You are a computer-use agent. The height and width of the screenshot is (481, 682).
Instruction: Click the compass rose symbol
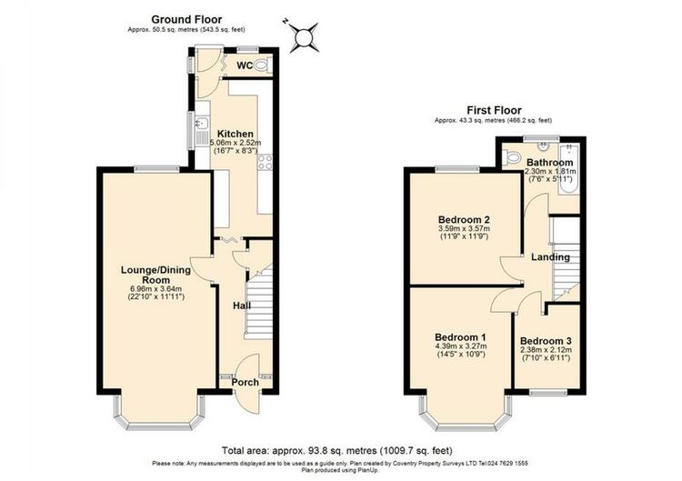pyautogui.click(x=304, y=37)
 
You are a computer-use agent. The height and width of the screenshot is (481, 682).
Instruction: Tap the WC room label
pyautogui.click(x=245, y=66)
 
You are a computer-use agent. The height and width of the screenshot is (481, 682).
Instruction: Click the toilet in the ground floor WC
pyautogui.click(x=260, y=65)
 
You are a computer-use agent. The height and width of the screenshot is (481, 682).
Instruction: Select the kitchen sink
pyautogui.click(x=202, y=130)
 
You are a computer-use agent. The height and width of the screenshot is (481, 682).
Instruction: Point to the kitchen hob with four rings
pyautogui.click(x=265, y=162)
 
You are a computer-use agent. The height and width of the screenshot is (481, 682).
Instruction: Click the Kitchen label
pyautogui.click(x=236, y=134)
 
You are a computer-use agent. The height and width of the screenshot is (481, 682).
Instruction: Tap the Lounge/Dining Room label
pyautogui.click(x=155, y=275)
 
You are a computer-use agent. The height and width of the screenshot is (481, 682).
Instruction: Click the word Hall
pyautogui.click(x=242, y=306)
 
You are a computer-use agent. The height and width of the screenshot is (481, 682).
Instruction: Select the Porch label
pyautogui.click(x=246, y=382)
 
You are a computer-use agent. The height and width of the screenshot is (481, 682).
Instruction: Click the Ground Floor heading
pyautogui.click(x=186, y=20)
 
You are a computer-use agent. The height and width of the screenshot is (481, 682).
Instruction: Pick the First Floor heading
pyautogui.click(x=494, y=110)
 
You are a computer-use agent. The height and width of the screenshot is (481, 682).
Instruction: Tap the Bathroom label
pyautogui.click(x=550, y=163)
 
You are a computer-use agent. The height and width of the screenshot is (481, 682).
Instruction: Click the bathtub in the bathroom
pyautogui.click(x=569, y=169)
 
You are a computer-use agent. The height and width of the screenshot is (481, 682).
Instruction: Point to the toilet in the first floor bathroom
pyautogui.click(x=511, y=156)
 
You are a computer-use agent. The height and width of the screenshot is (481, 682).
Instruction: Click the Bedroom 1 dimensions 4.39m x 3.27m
pyautogui.click(x=461, y=346)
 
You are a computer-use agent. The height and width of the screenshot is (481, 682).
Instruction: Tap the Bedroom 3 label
pyautogui.click(x=546, y=341)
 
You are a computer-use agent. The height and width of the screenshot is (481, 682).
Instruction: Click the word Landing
pyautogui.click(x=551, y=257)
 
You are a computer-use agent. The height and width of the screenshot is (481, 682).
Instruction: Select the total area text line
pyautogui.click(x=337, y=451)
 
